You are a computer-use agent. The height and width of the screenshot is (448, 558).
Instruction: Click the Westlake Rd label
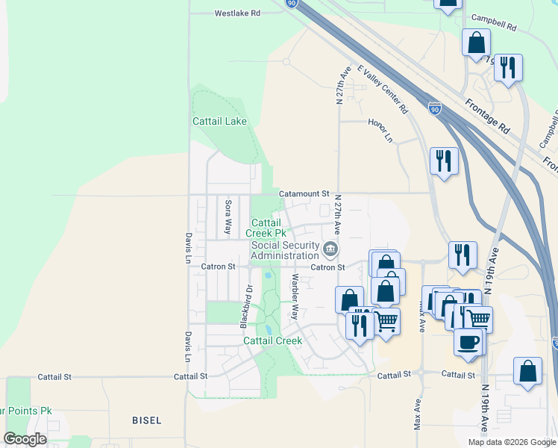237,13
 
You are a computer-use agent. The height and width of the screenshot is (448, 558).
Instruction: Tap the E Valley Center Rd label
383,88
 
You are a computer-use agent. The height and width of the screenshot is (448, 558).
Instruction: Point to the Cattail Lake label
219,121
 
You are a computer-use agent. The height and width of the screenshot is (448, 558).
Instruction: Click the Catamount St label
304,193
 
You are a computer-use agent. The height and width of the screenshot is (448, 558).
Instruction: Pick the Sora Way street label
228,217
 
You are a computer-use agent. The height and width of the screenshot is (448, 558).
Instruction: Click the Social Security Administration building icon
330,248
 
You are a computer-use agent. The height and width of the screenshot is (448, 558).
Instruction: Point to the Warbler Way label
295,296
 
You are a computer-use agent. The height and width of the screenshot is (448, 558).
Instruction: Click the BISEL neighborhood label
147,420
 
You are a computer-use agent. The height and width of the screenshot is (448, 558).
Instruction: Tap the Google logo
25,439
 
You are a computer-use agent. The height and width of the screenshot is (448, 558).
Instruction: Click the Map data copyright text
511,442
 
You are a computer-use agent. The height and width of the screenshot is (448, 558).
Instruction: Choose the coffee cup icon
468,342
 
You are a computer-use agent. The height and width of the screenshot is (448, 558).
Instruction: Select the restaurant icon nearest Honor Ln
444,160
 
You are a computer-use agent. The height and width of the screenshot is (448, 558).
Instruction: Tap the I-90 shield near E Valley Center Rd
435,109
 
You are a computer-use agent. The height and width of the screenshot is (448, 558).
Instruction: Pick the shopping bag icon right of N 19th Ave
527,370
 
